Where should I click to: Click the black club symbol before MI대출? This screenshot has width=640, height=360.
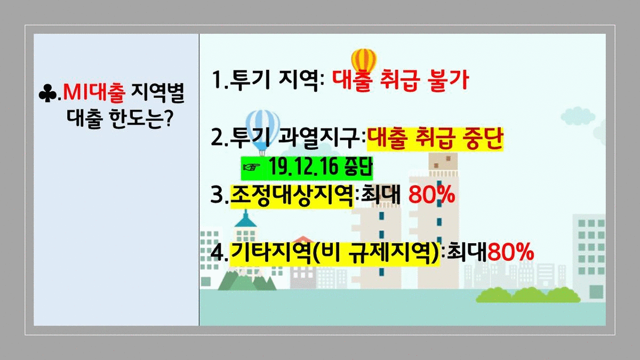tap(47, 93)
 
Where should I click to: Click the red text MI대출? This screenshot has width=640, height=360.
tap(94, 93)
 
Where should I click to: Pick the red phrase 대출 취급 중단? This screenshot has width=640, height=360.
tap(435, 138)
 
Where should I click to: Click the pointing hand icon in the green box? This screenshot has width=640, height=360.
tap(251, 167)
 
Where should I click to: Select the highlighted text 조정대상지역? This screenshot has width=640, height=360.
tap(292, 195)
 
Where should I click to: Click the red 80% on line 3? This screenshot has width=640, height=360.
tap(431, 195)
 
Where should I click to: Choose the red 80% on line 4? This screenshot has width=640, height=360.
tap(510, 252)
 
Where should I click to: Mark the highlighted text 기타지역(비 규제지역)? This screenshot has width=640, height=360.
tap(334, 253)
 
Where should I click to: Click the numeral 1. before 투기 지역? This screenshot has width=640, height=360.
tap(220, 81)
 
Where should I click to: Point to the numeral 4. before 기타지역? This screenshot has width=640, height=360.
tap(219, 253)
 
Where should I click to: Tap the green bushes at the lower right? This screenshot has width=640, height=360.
tap(528, 295)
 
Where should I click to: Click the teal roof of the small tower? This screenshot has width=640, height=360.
tap(245, 219)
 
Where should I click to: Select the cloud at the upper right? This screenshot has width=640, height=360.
tap(578, 115)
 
